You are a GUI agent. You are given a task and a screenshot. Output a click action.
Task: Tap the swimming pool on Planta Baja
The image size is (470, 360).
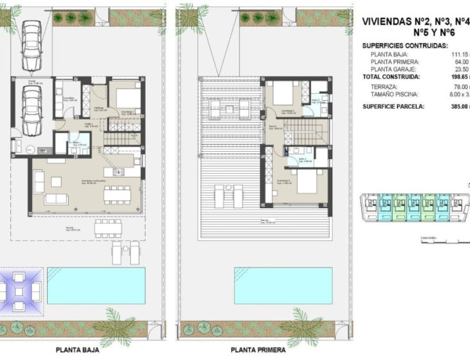(91, 285)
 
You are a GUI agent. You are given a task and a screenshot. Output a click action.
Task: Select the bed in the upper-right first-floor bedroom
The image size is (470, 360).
(284, 97)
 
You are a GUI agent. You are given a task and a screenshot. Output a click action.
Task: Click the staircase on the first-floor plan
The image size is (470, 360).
(317, 130)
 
